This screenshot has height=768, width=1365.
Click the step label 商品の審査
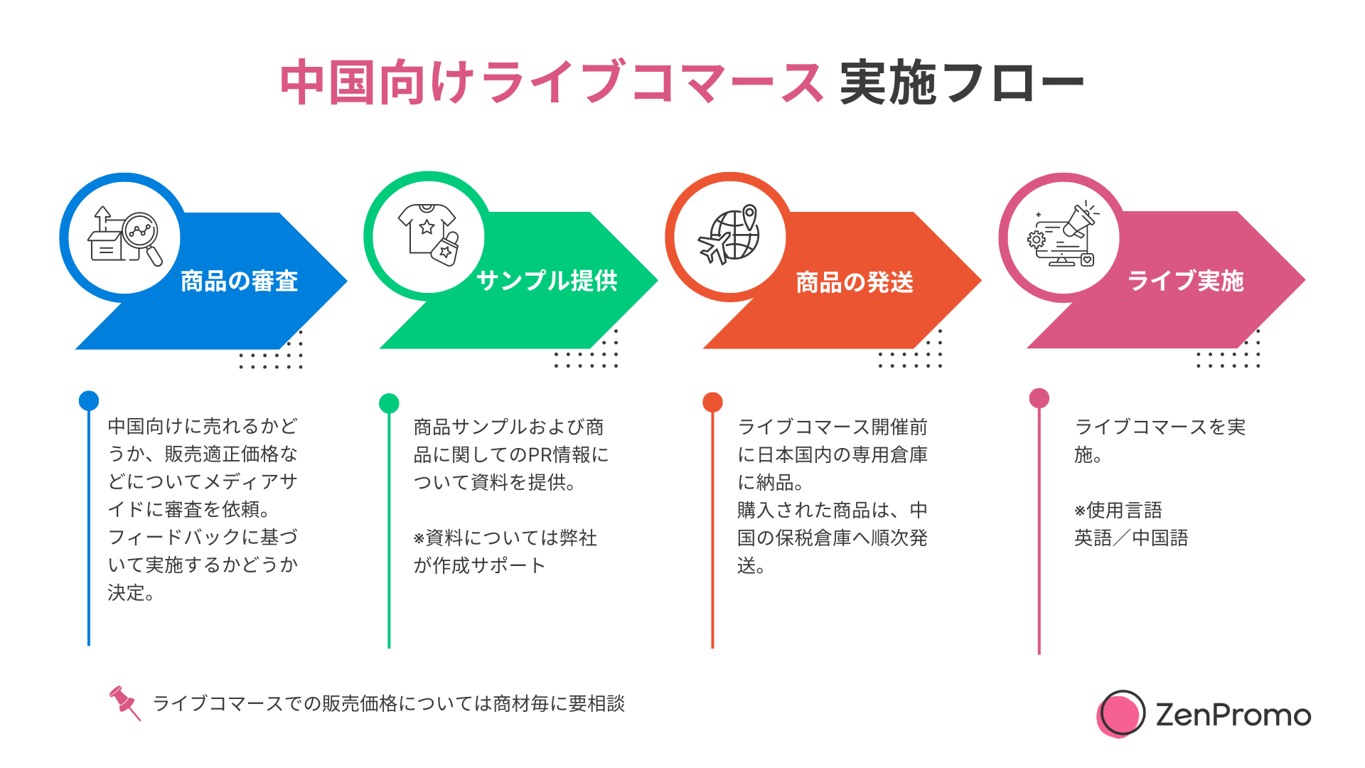[239, 281]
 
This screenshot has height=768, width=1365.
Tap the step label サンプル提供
[547, 281]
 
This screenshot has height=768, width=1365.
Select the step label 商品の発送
[855, 282]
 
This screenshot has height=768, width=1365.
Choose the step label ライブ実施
[1186, 281]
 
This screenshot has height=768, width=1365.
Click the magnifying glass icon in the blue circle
[142, 235]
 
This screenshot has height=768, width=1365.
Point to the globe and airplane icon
[730, 235]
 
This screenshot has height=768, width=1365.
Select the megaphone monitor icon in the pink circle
[1062, 235]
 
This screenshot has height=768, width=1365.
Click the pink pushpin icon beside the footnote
[124, 702]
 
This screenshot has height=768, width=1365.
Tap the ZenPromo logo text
[1233, 715]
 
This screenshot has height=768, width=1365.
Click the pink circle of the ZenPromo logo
[1120, 715]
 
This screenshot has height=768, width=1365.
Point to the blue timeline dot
[89, 400]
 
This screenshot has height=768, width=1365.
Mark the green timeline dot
[389, 403]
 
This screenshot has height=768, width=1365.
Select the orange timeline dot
[712, 402]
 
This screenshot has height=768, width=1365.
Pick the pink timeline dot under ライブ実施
[1039, 398]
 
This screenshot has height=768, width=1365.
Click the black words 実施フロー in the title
[961, 83]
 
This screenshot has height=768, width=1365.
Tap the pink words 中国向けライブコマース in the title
[552, 83]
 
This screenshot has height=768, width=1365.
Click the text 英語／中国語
[1131, 538]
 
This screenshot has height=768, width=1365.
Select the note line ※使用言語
[1118, 510]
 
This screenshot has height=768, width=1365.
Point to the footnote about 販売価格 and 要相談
[389, 703]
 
